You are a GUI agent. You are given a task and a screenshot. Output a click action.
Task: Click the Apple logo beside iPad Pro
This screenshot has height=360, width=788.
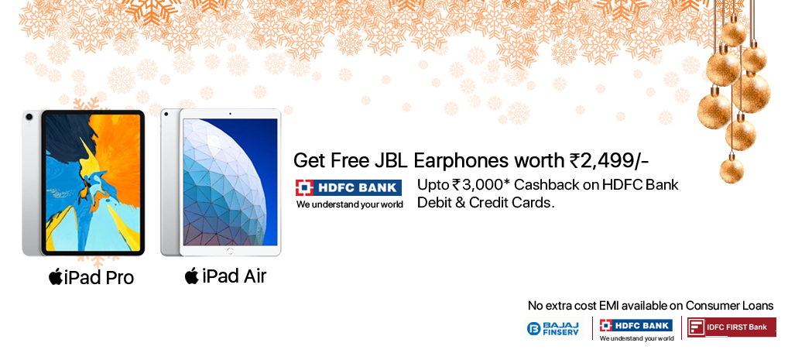(x=55, y=276)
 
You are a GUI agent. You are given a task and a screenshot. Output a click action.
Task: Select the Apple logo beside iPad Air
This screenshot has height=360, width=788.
(x=191, y=276)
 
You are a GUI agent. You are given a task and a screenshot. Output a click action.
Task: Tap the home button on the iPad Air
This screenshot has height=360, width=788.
(x=230, y=250)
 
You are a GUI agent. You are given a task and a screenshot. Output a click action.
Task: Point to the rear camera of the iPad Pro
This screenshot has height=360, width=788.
(x=29, y=117)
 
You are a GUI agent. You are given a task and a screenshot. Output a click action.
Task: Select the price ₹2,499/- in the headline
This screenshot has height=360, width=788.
(x=609, y=161)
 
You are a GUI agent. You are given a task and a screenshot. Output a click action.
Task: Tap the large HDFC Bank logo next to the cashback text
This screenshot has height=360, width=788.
(x=349, y=194)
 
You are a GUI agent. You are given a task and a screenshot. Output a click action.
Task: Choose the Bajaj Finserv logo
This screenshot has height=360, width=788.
(x=553, y=328)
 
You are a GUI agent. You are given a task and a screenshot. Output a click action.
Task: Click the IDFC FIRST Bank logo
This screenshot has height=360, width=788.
(x=731, y=327)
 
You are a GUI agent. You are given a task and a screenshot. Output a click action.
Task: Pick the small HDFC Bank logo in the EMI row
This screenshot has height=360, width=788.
(x=636, y=330)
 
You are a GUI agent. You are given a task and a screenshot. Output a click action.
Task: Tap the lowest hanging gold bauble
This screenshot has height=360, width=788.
(x=731, y=169)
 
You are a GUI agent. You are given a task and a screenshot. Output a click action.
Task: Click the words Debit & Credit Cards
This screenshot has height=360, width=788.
(x=485, y=203)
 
